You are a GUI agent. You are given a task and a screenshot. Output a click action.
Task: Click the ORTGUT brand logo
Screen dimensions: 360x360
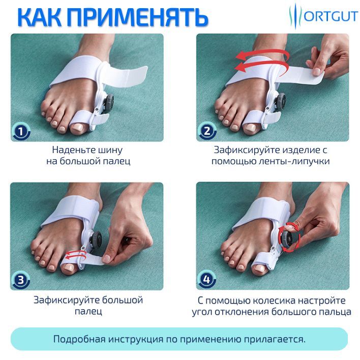point(323,16)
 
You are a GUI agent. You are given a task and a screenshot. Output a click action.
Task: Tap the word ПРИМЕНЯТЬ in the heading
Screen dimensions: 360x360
point(138,17)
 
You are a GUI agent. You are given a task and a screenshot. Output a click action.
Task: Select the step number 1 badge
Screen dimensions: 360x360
point(21,131)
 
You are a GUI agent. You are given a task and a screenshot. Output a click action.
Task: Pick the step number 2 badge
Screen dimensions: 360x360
point(207,131)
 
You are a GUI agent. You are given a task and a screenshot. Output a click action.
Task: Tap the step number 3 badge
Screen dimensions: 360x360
point(21,280)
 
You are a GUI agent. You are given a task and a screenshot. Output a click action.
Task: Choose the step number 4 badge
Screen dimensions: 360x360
point(206,280)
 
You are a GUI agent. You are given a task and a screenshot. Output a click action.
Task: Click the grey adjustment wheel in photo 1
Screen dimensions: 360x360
point(108,102)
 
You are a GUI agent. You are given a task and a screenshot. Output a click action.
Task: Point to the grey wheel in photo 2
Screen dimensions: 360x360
point(281,102)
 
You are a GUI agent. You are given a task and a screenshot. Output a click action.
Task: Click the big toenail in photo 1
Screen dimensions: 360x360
point(77,127)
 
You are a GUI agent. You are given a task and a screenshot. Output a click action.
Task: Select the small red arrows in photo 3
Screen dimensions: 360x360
point(76,254)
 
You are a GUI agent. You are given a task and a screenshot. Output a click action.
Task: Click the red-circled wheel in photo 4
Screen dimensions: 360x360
point(289,237)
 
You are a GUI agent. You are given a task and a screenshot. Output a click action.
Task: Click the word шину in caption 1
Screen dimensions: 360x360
point(110,150)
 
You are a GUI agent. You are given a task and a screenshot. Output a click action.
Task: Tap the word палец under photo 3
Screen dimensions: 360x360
point(88,311)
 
